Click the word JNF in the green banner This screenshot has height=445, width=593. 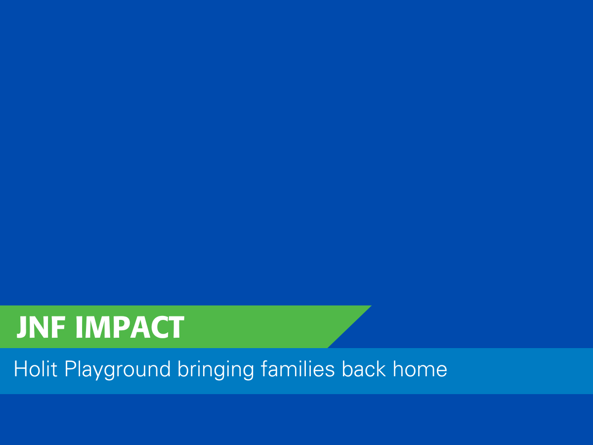[x=41, y=327]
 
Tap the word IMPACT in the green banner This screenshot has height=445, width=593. [x=130, y=327]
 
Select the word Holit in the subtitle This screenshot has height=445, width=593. [x=36, y=369]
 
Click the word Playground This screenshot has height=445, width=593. [x=118, y=370]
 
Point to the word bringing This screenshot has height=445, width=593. [x=215, y=370]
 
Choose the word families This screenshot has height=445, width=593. [x=297, y=368]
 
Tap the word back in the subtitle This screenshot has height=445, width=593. [x=364, y=368]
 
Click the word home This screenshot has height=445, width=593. [x=420, y=368]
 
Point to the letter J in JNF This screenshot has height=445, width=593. [x=22, y=327]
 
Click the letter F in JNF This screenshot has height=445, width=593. [x=58, y=327]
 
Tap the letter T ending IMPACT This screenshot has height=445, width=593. [x=175, y=327]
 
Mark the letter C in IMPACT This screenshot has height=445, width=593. [x=160, y=327]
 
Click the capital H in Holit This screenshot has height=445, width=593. [x=21, y=369]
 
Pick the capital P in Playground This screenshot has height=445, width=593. [x=70, y=369]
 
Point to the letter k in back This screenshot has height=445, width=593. [x=381, y=368]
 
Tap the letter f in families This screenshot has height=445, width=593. [x=264, y=368]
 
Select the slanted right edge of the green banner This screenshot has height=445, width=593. [x=349, y=327]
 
